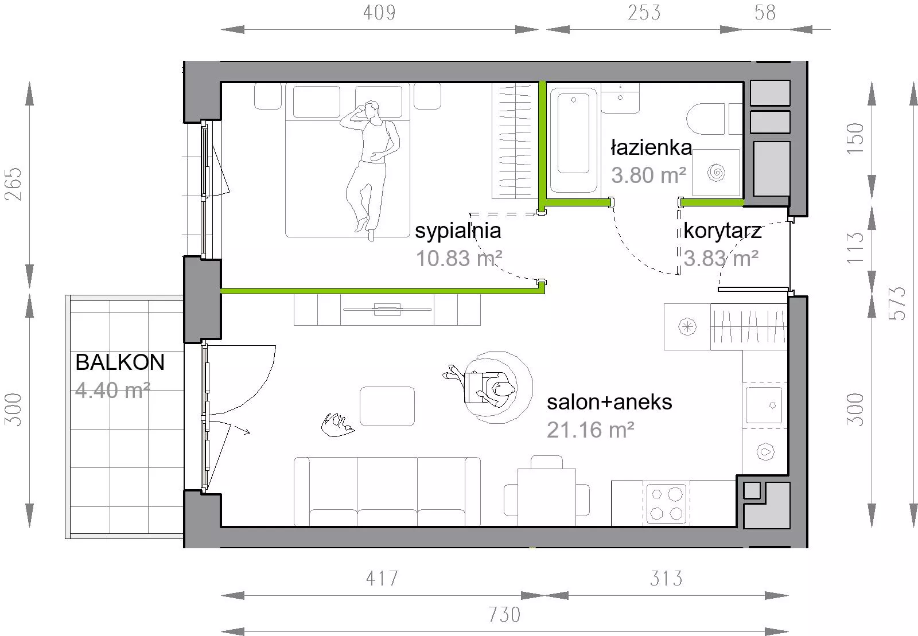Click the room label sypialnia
click(x=458, y=231)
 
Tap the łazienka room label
click(x=651, y=147)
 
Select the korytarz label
click(x=722, y=231)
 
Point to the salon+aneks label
click(x=609, y=402)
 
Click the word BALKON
click(x=120, y=362)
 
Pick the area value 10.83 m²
click(x=459, y=259)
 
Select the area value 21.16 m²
click(x=590, y=430)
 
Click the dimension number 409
click(x=379, y=13)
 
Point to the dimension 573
click(x=897, y=303)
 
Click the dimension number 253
click(x=644, y=13)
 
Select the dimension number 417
click(x=382, y=579)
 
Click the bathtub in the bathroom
click(x=573, y=140)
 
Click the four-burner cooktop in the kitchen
click(x=666, y=504)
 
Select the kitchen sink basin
click(x=764, y=405)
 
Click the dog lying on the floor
click(x=337, y=425)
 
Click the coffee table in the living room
click(x=387, y=406)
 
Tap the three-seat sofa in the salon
click(x=387, y=491)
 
